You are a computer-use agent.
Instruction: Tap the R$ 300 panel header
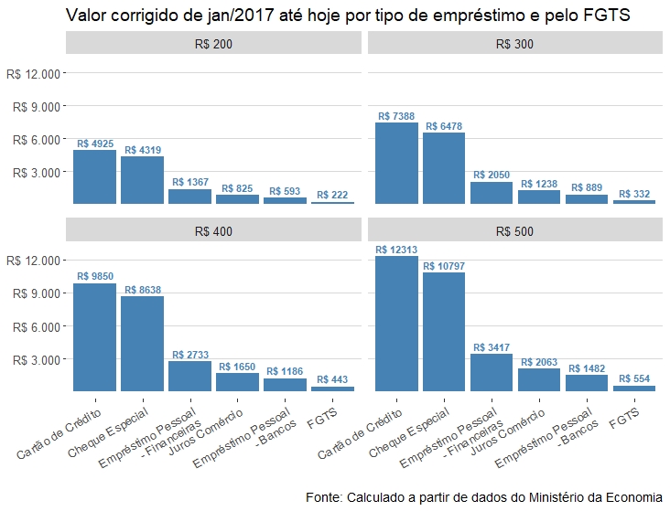coord(514,43)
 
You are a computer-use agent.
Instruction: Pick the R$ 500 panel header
coord(514,231)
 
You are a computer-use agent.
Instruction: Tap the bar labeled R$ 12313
coord(396,325)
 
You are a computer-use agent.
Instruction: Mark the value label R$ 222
coord(333,195)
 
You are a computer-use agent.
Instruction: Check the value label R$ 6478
coord(444,126)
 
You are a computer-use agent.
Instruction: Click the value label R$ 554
coord(634,378)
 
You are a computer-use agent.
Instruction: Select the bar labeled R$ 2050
coord(492,193)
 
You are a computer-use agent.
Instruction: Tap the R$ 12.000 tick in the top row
coord(38,73)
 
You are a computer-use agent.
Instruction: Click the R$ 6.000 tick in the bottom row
coord(38,326)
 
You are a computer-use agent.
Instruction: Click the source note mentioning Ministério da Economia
coord(483,497)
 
